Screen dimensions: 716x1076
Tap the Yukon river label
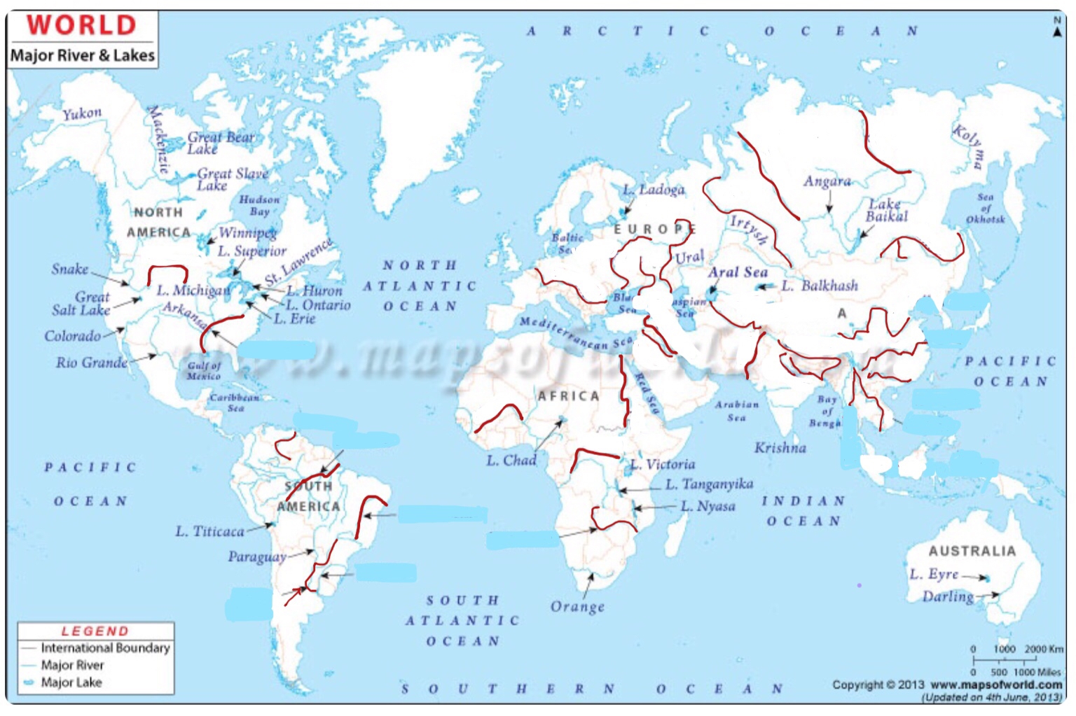(82, 113)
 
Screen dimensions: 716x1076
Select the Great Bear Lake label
(219, 143)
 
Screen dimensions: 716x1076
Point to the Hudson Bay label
(259, 205)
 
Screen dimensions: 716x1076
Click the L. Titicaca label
(209, 532)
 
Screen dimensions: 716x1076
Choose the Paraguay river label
(257, 557)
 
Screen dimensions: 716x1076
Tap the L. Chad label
(511, 461)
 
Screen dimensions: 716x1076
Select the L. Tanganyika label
(709, 484)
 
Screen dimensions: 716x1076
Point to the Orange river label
(577, 606)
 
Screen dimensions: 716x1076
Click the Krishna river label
(780, 448)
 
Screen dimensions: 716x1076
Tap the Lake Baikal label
(886, 210)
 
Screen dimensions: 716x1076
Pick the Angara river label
(827, 182)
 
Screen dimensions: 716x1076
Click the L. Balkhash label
(820, 286)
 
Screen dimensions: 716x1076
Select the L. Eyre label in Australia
(934, 575)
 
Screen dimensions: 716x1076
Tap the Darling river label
(948, 596)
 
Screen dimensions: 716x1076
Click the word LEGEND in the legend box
(95, 631)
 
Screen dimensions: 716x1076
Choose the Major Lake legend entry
(71, 682)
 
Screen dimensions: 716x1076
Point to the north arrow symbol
(1057, 29)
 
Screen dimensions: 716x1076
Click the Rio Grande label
(92, 363)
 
